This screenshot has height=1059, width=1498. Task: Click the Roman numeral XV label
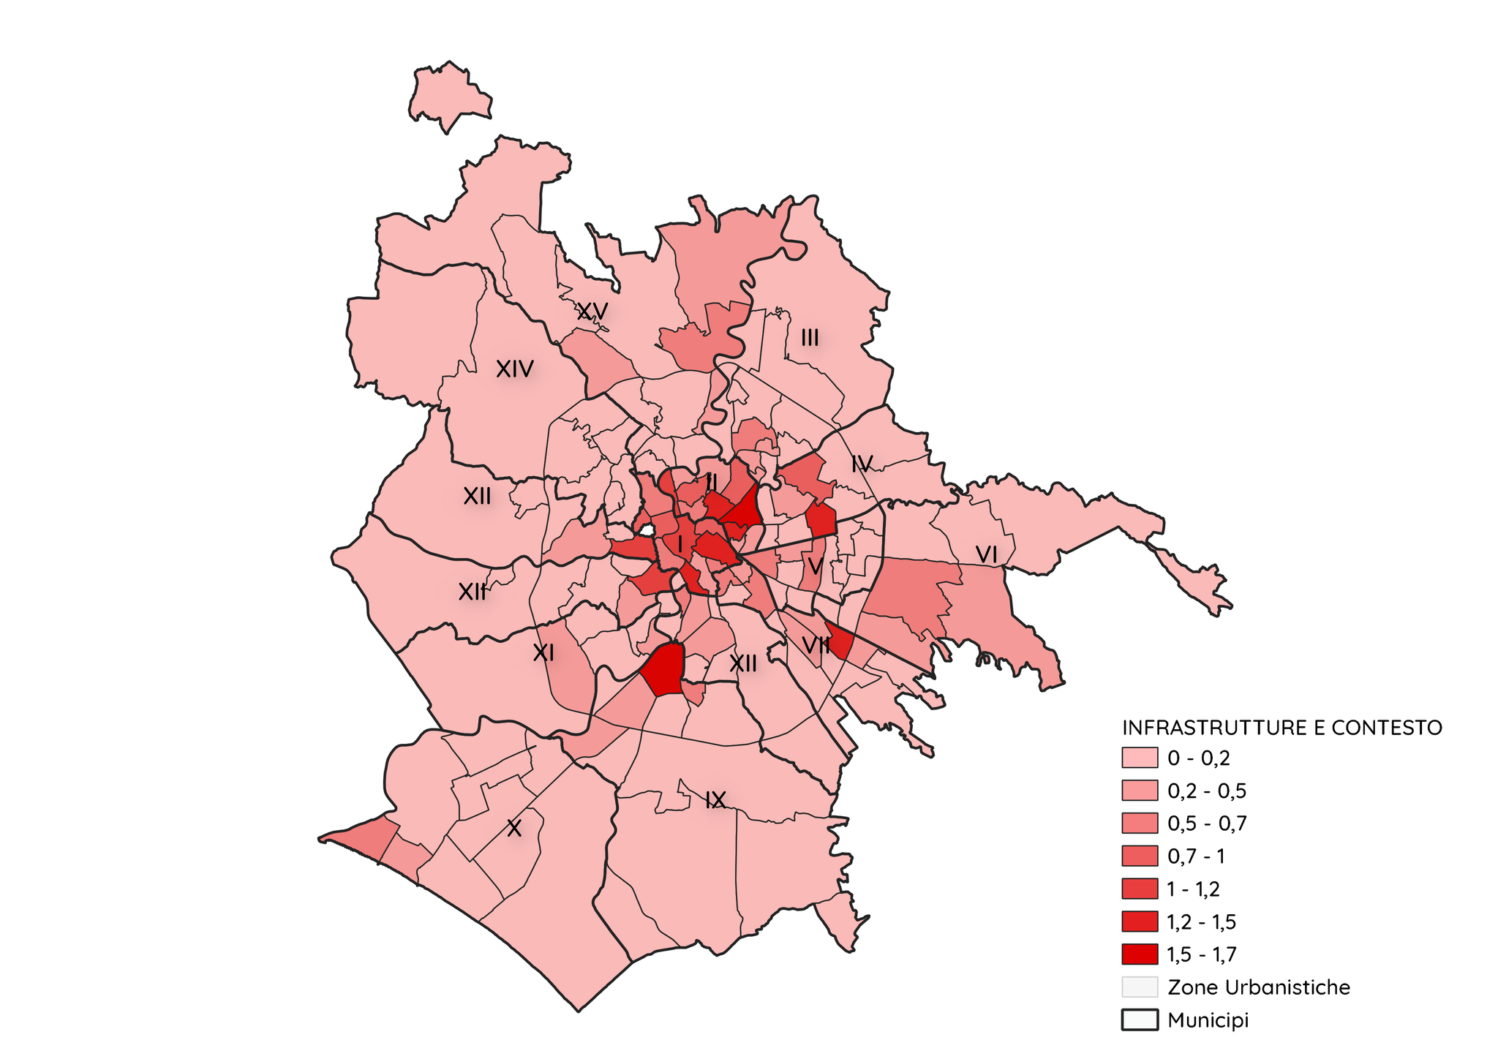[592, 312]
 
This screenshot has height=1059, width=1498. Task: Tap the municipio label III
[810, 338]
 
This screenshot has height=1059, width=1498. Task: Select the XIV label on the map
[515, 369]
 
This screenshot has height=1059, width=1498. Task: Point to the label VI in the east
[987, 555]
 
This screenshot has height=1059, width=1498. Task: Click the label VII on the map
[816, 644]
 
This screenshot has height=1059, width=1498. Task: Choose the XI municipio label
[543, 653]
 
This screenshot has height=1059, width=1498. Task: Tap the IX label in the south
[715, 800]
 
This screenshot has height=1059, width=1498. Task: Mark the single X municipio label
[514, 829]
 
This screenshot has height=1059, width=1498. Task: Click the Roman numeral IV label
[862, 464]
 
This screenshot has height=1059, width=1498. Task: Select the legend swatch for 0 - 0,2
[1139, 758]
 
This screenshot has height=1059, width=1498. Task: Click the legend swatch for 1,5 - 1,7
[1139, 954]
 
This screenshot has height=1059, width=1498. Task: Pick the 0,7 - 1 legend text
[1196, 856]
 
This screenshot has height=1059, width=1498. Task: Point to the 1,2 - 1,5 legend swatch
[1139, 922]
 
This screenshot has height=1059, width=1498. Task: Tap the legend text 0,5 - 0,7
[1207, 824]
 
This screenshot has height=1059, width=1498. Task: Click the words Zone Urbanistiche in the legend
[1259, 987]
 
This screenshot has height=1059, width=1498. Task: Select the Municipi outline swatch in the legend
[1139, 1020]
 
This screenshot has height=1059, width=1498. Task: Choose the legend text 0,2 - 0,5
[1207, 791]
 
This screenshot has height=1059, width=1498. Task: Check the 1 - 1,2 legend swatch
[1139, 889]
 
